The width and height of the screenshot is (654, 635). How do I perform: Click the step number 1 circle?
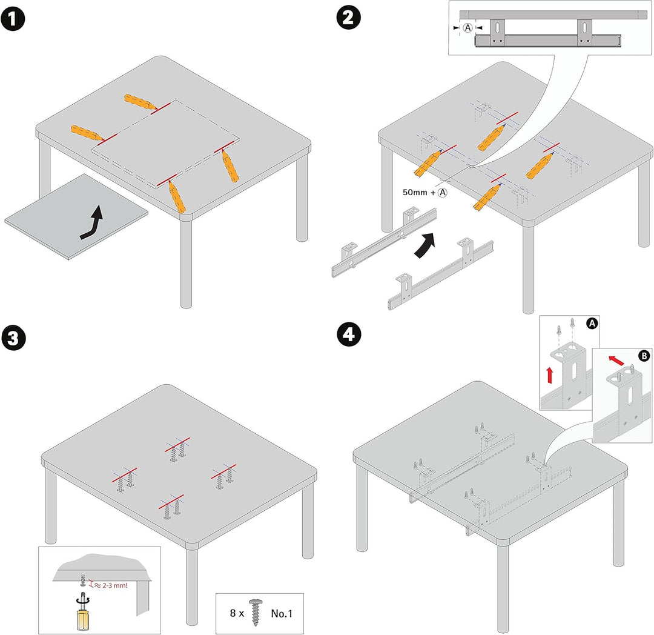(x=13, y=19)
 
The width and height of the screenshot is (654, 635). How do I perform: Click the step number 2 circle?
(x=348, y=18)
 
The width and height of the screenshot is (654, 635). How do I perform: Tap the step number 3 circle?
(x=13, y=338)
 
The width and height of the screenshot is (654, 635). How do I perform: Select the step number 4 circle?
(x=349, y=334)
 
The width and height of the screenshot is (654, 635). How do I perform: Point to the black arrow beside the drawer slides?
(x=425, y=246)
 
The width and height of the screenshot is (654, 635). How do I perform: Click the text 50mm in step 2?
(x=415, y=192)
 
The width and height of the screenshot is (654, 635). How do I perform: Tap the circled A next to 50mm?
(x=443, y=192)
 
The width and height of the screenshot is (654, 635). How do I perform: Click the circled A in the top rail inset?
(x=468, y=28)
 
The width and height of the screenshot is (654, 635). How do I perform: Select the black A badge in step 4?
(x=592, y=324)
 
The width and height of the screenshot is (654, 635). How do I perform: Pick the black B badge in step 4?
(x=644, y=356)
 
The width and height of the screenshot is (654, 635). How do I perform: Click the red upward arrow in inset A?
(x=549, y=375)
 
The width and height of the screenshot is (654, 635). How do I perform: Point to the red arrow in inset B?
(x=616, y=360)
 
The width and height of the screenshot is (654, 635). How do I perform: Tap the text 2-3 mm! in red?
(x=114, y=585)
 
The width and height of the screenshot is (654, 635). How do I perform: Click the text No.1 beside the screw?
(x=282, y=613)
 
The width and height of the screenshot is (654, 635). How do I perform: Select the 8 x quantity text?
(x=237, y=613)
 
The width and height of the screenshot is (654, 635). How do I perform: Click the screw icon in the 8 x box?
(x=256, y=613)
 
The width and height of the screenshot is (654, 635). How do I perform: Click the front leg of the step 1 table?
(x=186, y=264)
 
